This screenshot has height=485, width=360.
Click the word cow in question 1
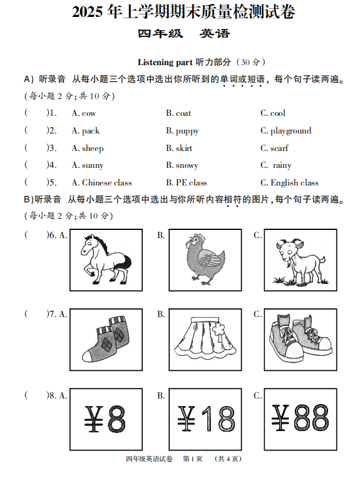88,113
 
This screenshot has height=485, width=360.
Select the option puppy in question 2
187,131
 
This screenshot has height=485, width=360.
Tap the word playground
291,131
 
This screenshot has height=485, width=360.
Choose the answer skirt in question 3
184,149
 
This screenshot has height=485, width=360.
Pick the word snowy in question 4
187,165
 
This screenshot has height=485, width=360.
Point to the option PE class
191,183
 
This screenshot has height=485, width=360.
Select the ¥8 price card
106,418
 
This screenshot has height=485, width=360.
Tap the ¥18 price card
205,418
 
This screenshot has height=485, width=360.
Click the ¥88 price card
300,418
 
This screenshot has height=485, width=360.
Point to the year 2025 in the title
89,12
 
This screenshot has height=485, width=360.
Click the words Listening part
165,62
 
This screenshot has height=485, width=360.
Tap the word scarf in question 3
279,149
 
